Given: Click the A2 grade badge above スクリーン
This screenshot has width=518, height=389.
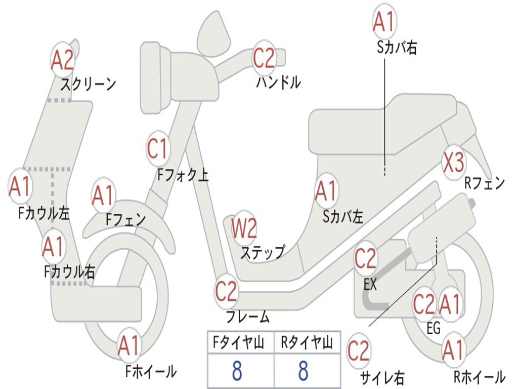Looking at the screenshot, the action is point(62,60).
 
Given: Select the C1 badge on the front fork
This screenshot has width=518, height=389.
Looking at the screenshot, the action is point(158,148).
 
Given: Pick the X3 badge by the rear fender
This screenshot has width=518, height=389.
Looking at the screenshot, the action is point(453,163).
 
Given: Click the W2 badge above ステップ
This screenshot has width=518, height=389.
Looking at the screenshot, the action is point(244,228).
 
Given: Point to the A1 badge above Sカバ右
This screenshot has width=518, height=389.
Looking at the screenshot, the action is point(384,21).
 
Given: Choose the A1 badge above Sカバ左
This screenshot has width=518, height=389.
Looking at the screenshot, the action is point(326,191).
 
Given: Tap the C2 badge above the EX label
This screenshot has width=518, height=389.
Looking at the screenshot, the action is point(365,258).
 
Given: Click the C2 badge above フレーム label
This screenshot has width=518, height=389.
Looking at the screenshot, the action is point(226,291).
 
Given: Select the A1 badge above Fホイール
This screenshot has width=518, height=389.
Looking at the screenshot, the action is point(129,345).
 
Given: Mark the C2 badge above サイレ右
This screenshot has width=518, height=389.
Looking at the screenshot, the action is point(358,351).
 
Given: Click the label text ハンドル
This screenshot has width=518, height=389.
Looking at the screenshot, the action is point(279,82).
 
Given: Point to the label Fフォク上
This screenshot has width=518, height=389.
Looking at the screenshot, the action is point(183,175).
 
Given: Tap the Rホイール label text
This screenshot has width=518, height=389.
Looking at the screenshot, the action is point(480,377).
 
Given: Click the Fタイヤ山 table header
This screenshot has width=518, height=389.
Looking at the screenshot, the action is point(239,342).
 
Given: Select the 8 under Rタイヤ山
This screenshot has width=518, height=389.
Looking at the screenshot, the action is point(304,370).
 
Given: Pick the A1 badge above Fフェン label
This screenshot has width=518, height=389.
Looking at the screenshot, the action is point(103,195).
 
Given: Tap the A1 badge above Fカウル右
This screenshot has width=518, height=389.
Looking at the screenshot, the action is point(53,247).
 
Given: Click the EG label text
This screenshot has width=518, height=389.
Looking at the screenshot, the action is point(434,328).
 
